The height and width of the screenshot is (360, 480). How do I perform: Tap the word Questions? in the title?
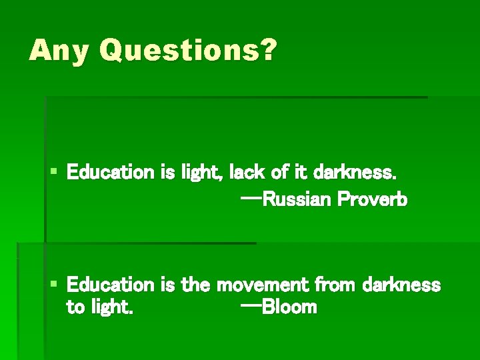point(186,51)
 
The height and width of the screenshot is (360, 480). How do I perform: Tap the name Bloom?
point(289,307)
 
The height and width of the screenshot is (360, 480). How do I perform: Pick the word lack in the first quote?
point(245,173)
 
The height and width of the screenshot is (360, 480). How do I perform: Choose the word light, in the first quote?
point(203,173)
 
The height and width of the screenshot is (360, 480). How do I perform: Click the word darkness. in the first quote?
point(355,173)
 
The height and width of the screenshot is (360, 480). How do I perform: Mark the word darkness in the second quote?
point(401,285)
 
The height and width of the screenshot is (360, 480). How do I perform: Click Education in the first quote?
point(111,173)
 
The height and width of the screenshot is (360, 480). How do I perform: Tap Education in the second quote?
point(111,285)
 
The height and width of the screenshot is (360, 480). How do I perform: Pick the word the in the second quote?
point(196,285)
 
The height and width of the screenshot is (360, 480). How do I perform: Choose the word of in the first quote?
point(279,173)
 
